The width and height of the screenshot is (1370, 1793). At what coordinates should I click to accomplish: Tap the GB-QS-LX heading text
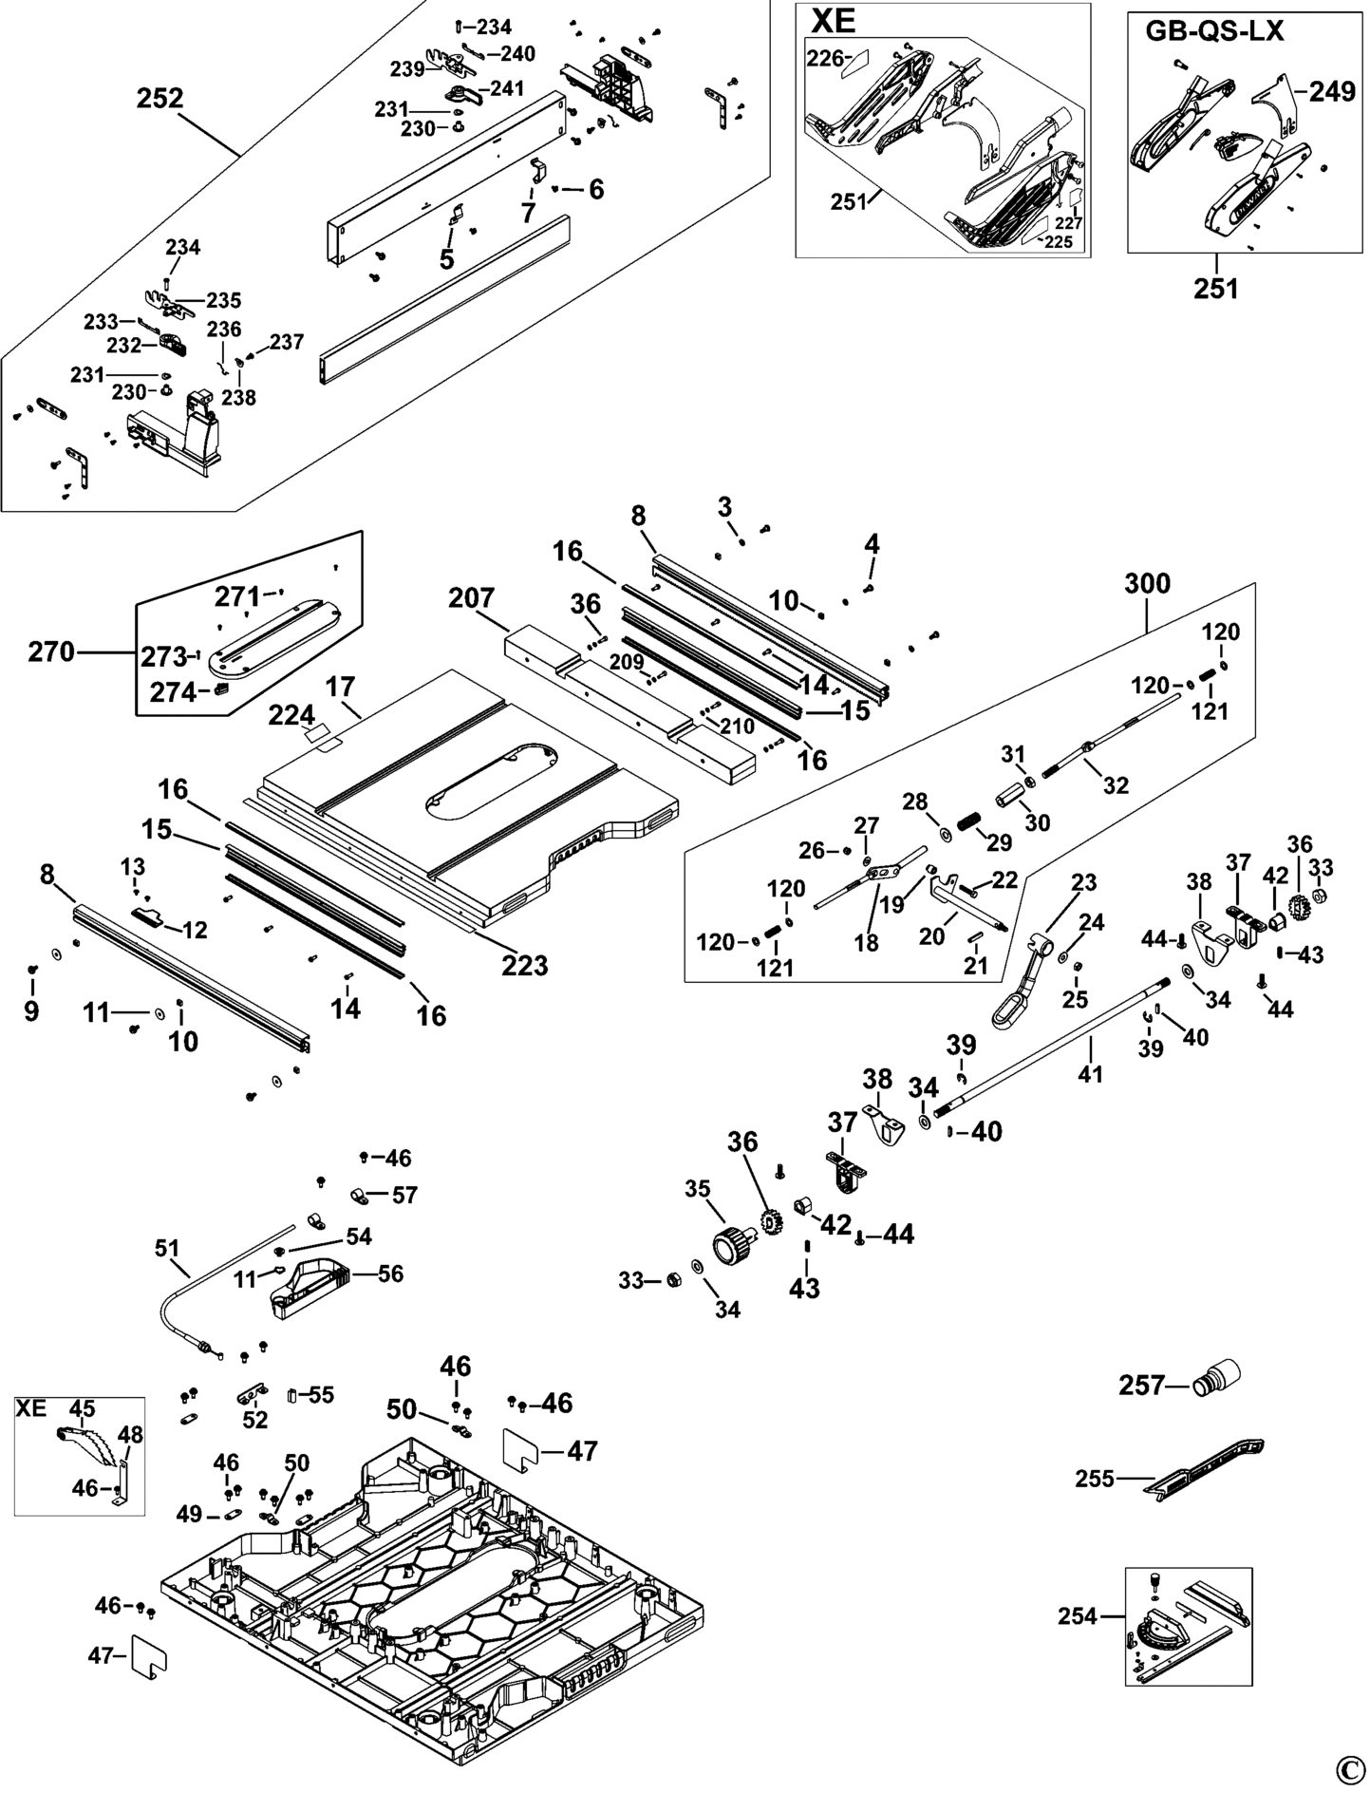tap(1214, 31)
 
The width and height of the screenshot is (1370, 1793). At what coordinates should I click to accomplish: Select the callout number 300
tap(1147, 583)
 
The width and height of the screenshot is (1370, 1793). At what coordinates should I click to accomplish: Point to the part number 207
tap(472, 598)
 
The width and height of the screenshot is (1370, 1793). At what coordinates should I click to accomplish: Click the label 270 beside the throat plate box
tap(51, 652)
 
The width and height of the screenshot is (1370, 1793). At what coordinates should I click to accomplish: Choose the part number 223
tap(525, 965)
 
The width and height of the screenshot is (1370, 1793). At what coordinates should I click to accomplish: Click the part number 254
tap(1077, 1615)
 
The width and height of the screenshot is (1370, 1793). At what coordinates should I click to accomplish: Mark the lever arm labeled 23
tap(1017, 988)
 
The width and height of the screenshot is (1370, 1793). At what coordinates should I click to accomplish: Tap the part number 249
tap(1332, 92)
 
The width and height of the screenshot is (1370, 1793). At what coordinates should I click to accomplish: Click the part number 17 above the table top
tap(340, 686)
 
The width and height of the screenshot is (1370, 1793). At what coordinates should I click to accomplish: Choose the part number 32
tap(1117, 784)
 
